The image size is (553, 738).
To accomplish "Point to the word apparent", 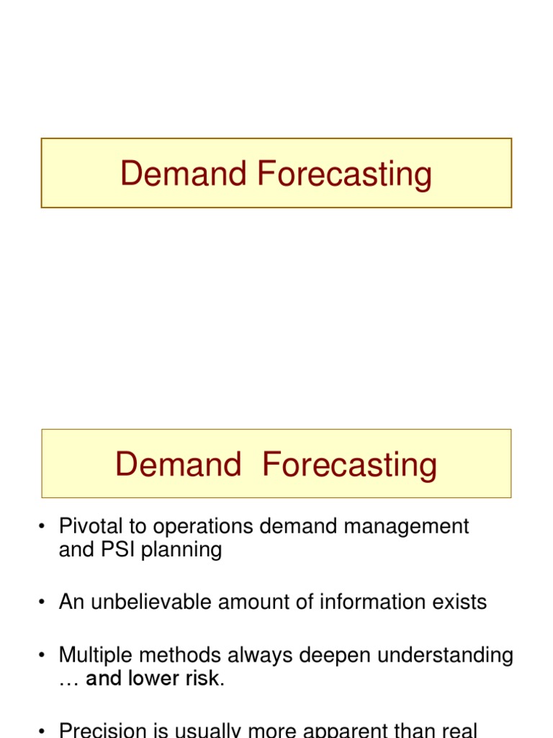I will tap(370, 730).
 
